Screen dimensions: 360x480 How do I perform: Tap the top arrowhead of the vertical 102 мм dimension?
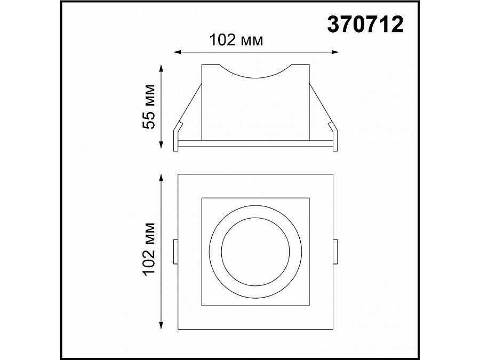162,177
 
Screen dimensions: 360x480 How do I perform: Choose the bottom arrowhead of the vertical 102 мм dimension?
162,326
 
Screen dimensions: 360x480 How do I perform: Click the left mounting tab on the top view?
175,252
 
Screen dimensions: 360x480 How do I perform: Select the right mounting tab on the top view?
336,252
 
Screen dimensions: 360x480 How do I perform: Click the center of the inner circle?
256,252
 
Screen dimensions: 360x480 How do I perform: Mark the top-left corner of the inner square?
202,198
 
